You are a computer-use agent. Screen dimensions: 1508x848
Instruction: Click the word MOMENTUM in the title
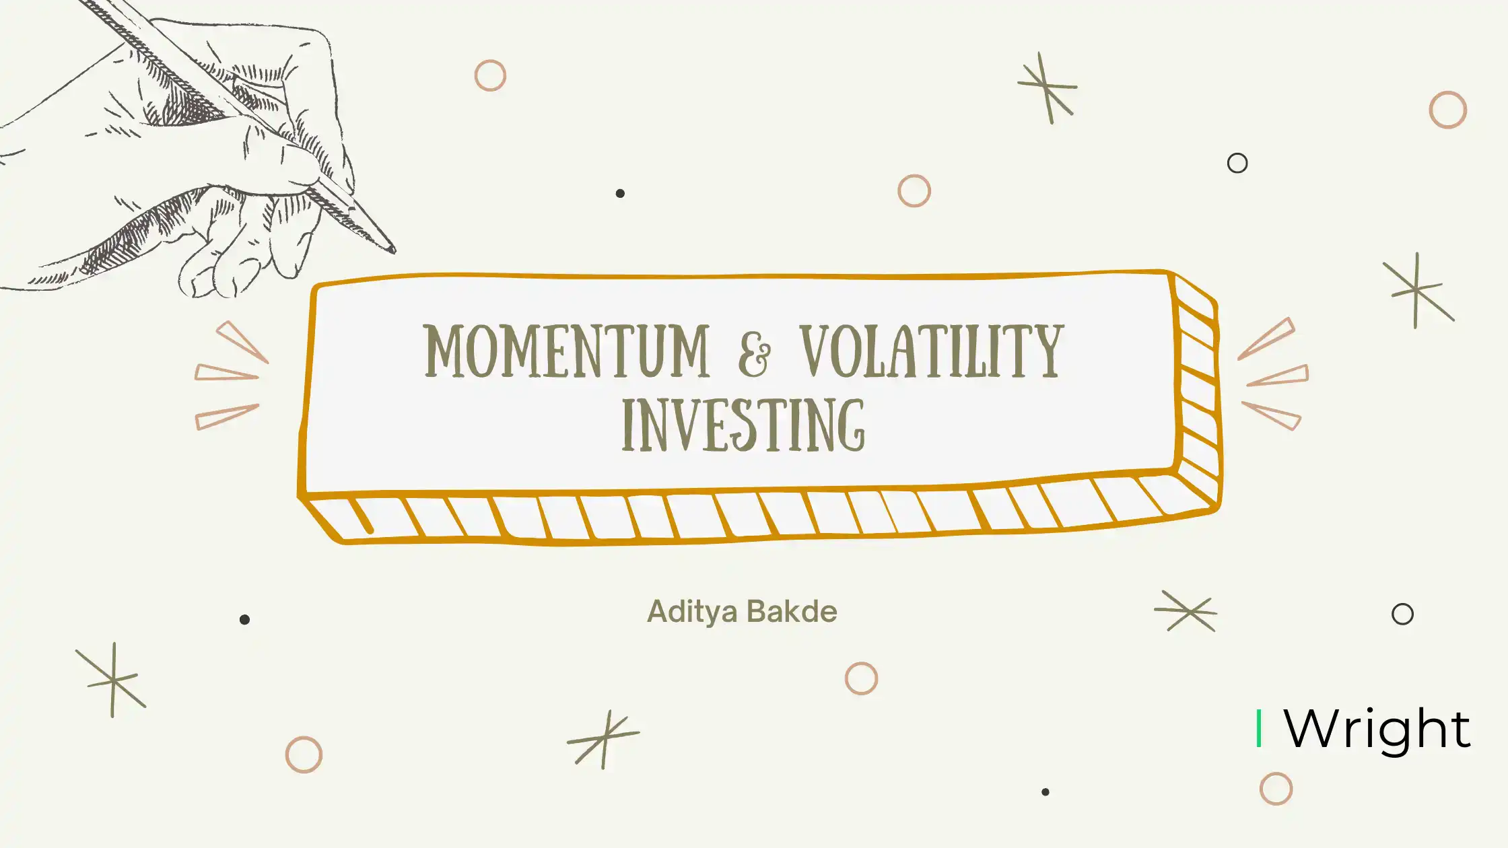[x=567, y=351]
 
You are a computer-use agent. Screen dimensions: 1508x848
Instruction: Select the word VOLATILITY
[x=932, y=351]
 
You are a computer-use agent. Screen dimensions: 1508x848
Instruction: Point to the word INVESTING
[x=743, y=425]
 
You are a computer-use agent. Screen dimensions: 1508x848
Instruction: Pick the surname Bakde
[x=792, y=611]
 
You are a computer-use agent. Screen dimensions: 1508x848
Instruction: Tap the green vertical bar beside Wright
[x=1259, y=728]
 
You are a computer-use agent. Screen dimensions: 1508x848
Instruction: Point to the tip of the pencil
[x=394, y=252]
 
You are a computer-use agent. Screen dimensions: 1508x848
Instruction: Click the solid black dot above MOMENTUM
[x=620, y=193]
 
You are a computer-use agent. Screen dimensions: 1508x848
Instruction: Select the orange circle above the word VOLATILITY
[x=914, y=190]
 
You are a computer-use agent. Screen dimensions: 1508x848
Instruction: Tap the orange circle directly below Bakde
[x=861, y=678]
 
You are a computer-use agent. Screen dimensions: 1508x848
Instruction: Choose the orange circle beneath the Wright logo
[x=1276, y=789]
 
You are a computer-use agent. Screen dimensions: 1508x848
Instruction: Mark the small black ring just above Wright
[x=1402, y=614]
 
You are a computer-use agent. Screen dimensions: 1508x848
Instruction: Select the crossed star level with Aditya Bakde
[x=1186, y=611]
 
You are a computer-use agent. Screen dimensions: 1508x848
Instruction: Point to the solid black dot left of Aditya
[x=244, y=619]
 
